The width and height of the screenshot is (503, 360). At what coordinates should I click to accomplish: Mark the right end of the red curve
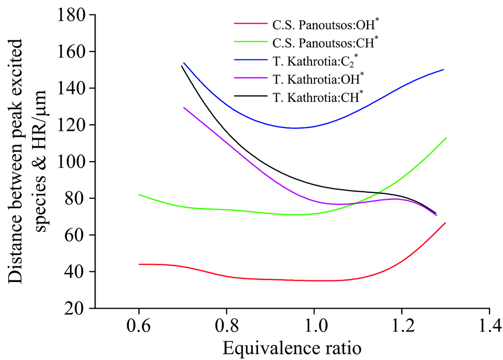tap(445, 223)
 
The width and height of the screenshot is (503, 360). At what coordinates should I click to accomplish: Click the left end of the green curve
tap(139, 194)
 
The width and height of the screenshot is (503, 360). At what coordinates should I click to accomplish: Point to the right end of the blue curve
tap(443, 69)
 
